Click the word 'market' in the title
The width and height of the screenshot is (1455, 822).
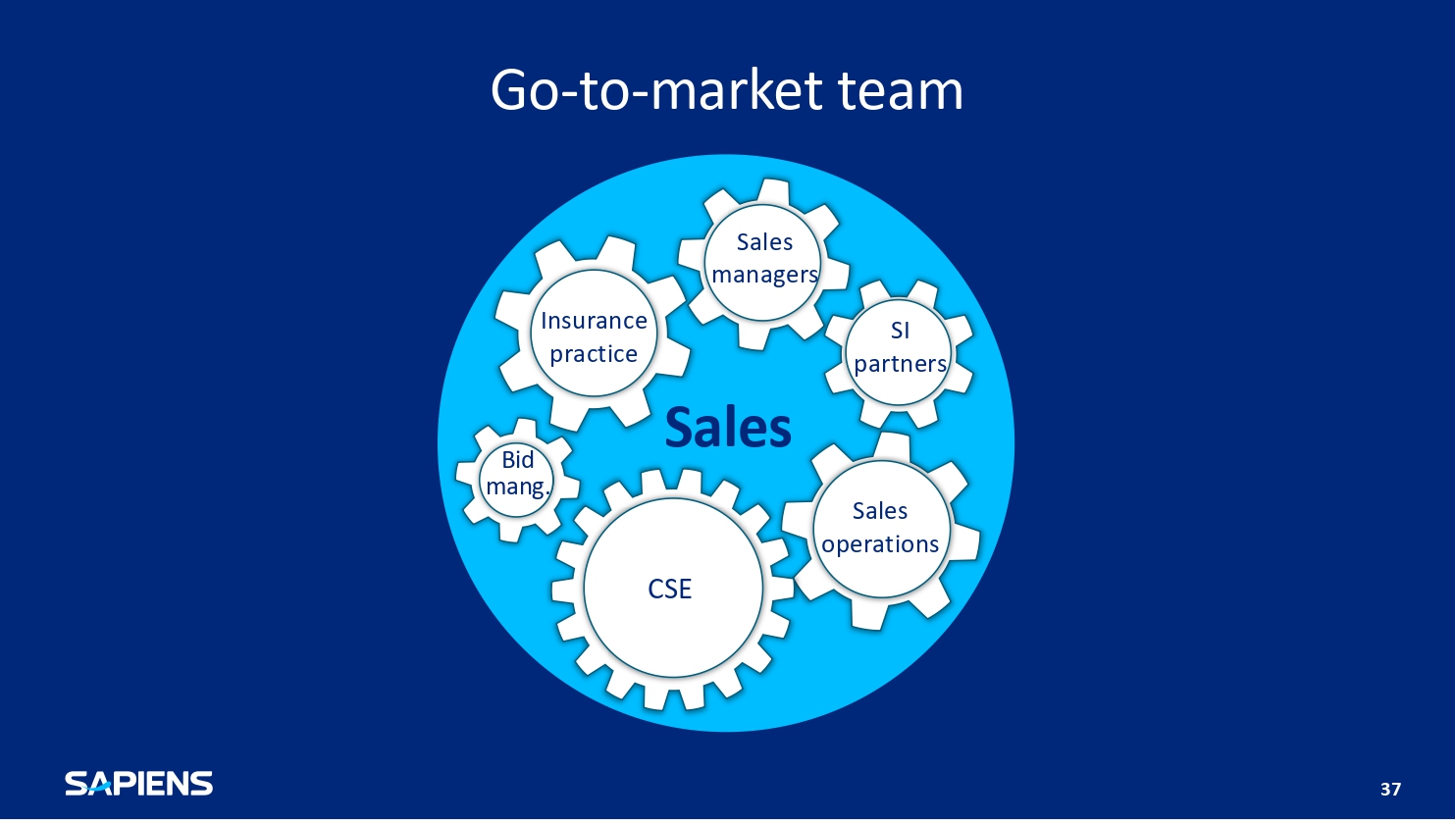(737, 90)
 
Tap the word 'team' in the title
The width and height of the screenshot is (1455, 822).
(901, 91)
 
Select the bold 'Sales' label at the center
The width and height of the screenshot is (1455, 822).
(728, 428)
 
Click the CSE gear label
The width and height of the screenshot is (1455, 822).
(670, 589)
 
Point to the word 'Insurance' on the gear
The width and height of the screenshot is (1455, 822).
(594, 321)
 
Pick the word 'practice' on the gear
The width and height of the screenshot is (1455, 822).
(594, 354)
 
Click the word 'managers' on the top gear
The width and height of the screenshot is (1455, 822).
(764, 276)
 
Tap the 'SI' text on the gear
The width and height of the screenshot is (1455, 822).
(900, 331)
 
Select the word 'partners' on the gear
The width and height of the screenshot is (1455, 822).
(900, 364)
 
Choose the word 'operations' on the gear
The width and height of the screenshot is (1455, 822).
(880, 544)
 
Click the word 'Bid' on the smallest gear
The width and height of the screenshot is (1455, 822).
(518, 460)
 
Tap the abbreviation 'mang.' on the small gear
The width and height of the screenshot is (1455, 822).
(518, 487)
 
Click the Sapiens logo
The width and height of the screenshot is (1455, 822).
(139, 784)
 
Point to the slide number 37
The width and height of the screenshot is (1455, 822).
(1390, 789)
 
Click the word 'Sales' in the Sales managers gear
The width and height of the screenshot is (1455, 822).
(764, 242)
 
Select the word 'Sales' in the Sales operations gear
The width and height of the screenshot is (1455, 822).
(880, 511)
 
